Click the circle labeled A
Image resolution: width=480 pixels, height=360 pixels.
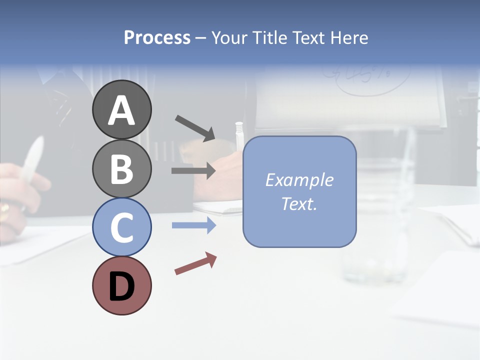(x=121, y=109)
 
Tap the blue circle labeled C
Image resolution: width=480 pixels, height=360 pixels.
(x=121, y=227)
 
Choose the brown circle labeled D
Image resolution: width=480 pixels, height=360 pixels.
(x=121, y=285)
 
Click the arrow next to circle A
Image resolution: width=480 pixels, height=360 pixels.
(x=195, y=127)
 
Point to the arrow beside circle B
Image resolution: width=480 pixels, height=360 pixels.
(x=193, y=170)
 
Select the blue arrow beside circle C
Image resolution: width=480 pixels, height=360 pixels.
(x=193, y=225)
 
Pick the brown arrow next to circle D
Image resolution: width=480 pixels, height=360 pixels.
(x=195, y=263)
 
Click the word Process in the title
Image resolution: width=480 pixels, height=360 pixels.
(x=157, y=37)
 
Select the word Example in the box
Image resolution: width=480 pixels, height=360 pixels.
(x=299, y=180)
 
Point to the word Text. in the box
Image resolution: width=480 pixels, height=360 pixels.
(x=299, y=204)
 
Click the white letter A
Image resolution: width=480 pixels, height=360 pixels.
(x=121, y=110)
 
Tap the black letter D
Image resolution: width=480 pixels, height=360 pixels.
(x=121, y=286)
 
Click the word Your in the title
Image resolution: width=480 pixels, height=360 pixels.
(x=229, y=37)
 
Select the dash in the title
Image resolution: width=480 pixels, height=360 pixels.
(x=200, y=38)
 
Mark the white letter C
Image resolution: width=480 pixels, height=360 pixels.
(x=121, y=227)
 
